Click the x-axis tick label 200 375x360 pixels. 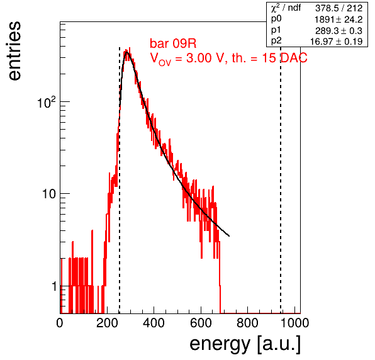click(107, 323)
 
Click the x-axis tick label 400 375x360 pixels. click(154, 323)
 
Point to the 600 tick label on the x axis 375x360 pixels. click(201, 323)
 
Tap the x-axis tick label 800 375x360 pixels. click(247, 323)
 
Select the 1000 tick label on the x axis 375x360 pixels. click(294, 323)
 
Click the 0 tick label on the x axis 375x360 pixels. click(60, 323)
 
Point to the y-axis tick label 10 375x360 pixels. click(49, 194)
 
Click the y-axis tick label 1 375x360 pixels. click(54, 286)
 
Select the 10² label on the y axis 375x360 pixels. click(47, 102)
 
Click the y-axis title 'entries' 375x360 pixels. click(14, 51)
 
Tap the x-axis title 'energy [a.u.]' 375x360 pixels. click(245, 344)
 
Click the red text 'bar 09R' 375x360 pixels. click(173, 43)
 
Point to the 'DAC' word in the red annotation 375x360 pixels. click(294, 58)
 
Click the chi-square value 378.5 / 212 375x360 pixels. click(339, 8)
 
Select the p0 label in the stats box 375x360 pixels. click(276, 19)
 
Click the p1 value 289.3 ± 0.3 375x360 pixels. click(339, 31)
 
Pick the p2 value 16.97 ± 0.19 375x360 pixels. click(336, 42)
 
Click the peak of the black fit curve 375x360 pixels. click(127, 52)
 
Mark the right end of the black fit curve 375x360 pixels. click(229, 236)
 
